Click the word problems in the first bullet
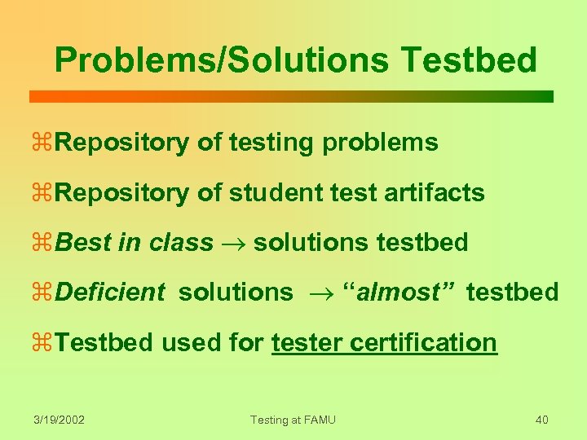[x=380, y=143]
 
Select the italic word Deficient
[x=112, y=292]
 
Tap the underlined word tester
[x=307, y=342]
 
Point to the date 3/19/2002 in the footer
[x=59, y=420]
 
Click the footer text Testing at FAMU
[x=293, y=420]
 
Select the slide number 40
[x=541, y=420]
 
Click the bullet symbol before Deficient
[x=45, y=293]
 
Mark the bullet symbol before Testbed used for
[x=45, y=343]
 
